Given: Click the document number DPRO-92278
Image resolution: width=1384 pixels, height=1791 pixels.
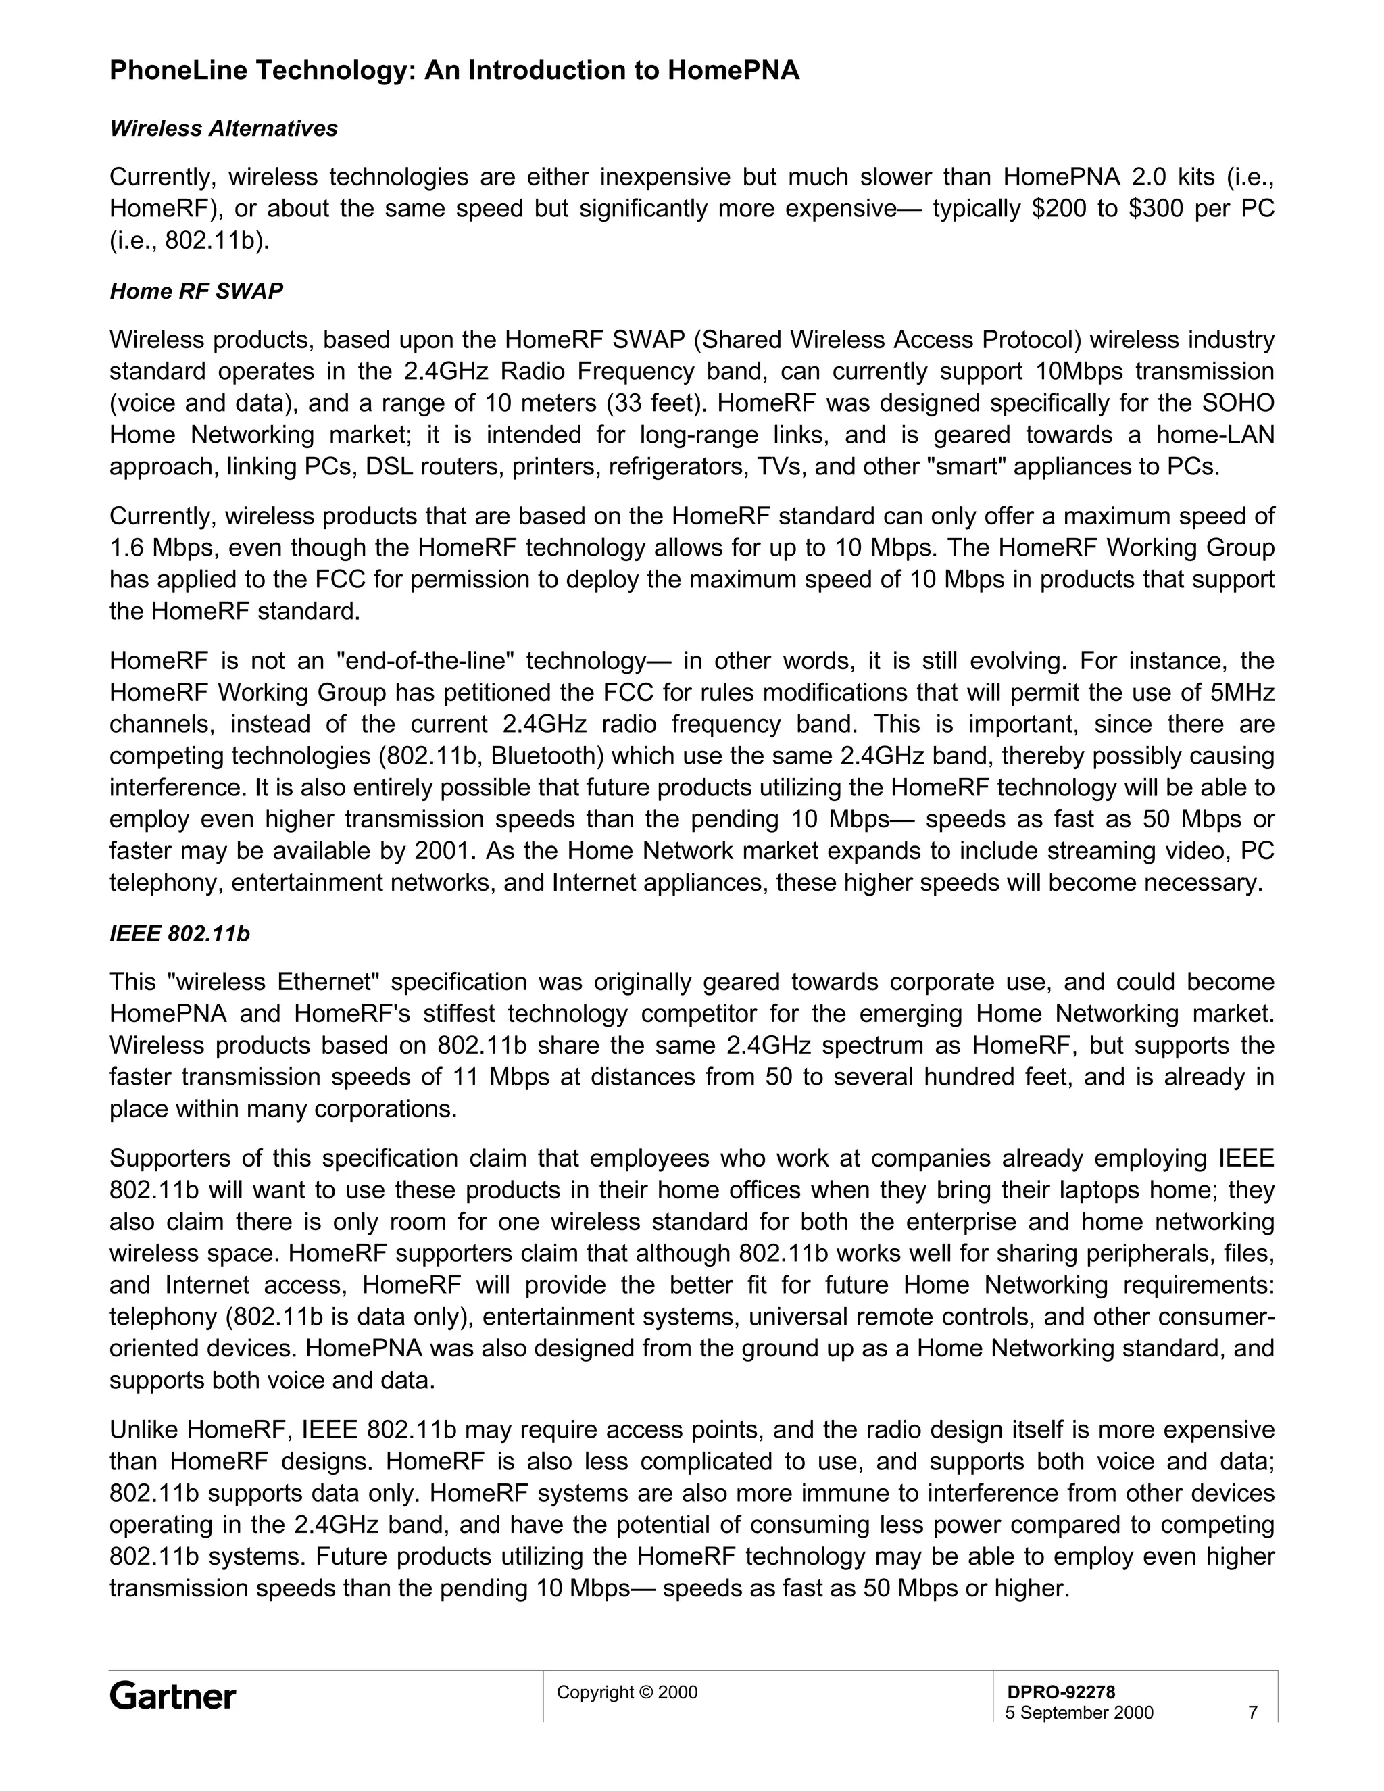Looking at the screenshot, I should point(1060,1692).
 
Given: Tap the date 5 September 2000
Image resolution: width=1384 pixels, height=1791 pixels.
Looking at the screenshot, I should point(1079,1713).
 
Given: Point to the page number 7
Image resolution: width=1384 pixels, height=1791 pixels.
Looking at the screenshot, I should point(1252,1713).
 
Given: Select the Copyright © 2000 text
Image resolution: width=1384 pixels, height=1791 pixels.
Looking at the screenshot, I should point(627,1692).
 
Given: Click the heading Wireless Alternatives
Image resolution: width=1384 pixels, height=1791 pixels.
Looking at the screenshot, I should point(224,128).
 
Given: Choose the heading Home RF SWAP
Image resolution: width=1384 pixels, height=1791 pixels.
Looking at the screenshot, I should point(197,291).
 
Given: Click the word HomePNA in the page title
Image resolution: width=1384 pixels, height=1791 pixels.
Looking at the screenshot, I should point(734,72).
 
